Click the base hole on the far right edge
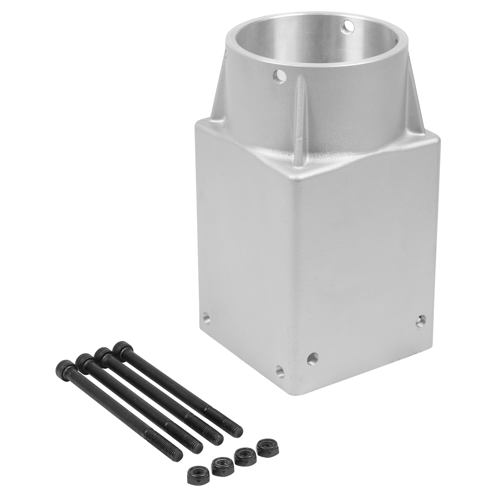[421, 320]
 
